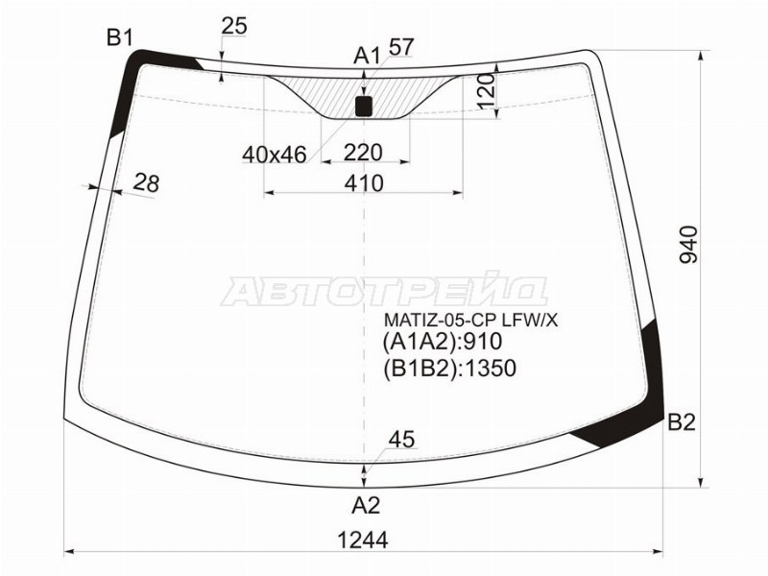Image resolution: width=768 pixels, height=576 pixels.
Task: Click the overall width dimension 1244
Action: (x=363, y=540)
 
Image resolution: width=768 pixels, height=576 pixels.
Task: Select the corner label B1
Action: (x=119, y=38)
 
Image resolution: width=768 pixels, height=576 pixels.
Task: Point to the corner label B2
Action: (x=681, y=422)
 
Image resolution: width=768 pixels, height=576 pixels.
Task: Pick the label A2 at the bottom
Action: (x=366, y=505)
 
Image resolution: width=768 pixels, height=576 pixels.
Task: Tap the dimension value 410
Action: (x=363, y=182)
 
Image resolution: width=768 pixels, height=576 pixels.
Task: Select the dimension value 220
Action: (x=363, y=153)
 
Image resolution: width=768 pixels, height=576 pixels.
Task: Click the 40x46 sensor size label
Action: (x=275, y=154)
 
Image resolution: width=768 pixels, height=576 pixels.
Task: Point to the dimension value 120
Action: (x=486, y=92)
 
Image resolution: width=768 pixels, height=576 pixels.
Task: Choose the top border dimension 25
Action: (x=234, y=26)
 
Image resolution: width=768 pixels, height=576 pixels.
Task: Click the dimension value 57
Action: (x=401, y=46)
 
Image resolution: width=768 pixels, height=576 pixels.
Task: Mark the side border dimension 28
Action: (x=146, y=182)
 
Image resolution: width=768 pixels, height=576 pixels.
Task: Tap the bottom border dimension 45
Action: (x=402, y=441)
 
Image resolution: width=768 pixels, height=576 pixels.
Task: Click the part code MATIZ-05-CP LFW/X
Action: (x=470, y=319)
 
